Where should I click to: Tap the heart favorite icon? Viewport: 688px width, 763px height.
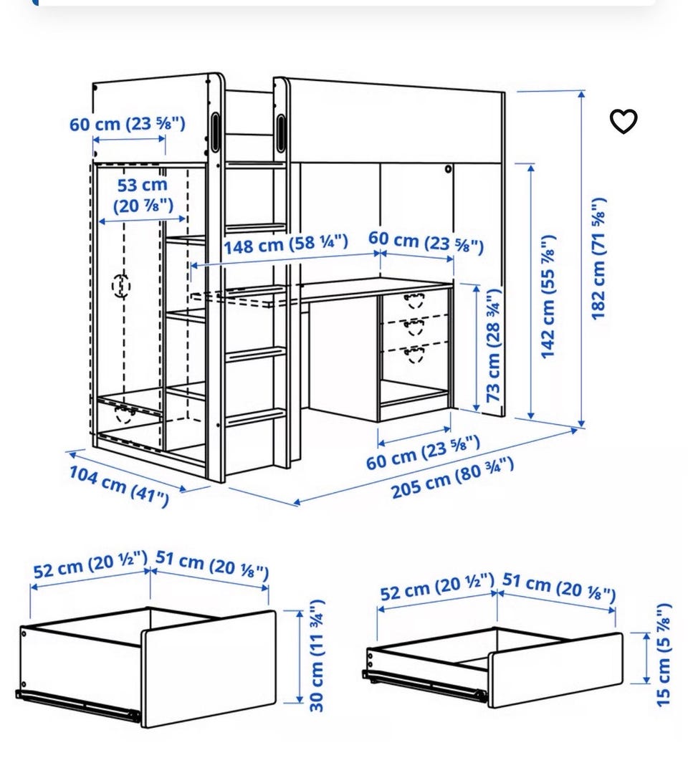(623, 121)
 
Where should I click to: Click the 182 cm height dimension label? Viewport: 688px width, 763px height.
(598, 259)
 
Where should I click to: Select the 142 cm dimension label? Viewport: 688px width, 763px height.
(548, 297)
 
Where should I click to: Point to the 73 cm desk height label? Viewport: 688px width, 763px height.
(493, 345)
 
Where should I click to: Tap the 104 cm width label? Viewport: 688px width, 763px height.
(119, 486)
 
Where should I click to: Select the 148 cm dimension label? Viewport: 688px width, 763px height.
(286, 244)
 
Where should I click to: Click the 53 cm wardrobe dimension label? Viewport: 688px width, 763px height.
(143, 196)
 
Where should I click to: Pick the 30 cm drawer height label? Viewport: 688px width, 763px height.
(317, 656)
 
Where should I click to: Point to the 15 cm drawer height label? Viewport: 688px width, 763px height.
(664, 655)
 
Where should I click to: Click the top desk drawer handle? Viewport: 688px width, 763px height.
(415, 299)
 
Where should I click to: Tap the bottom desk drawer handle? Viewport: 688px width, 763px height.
(415, 354)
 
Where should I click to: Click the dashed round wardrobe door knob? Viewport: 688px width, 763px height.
(121, 286)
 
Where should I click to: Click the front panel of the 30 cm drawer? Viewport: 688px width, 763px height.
(209, 668)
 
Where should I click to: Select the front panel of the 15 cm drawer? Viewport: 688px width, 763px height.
(556, 670)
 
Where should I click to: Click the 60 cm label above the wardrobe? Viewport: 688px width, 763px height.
(128, 124)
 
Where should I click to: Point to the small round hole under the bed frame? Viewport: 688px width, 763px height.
(448, 169)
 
